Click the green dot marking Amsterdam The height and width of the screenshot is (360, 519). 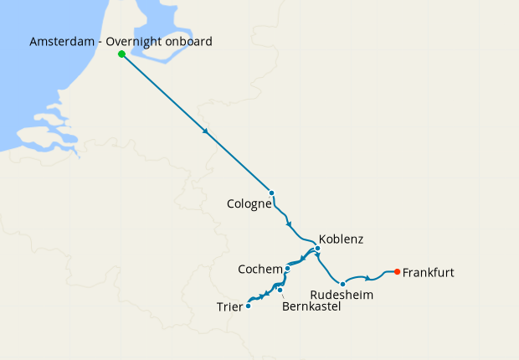122,54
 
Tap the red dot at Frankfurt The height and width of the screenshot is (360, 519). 397,271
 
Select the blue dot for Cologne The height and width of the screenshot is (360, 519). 271,193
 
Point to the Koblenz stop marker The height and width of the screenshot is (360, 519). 318,249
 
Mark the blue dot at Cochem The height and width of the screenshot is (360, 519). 287,269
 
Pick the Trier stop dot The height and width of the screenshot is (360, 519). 248,306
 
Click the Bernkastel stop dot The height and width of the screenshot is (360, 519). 280,291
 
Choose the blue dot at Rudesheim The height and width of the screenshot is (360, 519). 342,285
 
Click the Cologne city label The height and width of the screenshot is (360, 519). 249,203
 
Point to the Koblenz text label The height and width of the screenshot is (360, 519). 342,239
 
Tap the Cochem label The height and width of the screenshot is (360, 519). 259,269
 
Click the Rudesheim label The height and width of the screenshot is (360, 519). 342,296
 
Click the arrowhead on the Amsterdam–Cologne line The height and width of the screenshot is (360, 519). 205,131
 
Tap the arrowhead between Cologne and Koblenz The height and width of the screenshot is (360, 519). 290,224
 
